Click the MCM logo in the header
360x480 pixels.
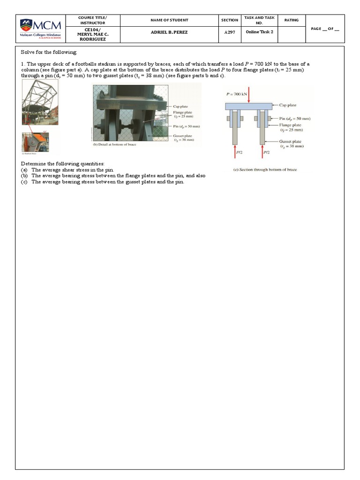(40, 29)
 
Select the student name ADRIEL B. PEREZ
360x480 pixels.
(169, 33)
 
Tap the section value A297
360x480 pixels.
(228, 33)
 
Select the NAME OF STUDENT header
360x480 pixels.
(169, 20)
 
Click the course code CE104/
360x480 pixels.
(92, 29)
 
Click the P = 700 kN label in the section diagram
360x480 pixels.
(237, 94)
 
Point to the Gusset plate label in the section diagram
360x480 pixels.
(290, 141)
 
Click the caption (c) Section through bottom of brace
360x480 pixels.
(265, 170)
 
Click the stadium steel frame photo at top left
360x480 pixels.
(40, 102)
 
